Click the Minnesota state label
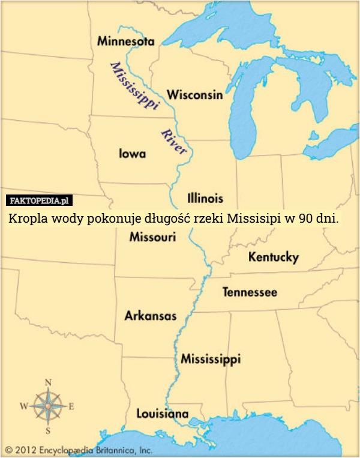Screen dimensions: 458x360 (x=125, y=42)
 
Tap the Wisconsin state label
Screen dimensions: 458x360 (x=194, y=95)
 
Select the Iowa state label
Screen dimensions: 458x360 (x=131, y=154)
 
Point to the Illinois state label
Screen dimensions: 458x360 (x=205, y=197)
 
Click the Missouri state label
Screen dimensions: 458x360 (x=152, y=238)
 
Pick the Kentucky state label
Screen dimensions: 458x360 (x=273, y=258)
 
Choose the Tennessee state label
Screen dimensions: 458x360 (x=250, y=292)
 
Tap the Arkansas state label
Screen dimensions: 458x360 (x=150, y=316)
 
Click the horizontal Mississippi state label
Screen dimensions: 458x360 (x=211, y=359)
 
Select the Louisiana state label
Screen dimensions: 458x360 (x=162, y=414)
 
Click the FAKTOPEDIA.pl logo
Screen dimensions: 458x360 (x=39, y=200)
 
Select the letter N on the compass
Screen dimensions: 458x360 (x=48, y=382)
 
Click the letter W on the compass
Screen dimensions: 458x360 (x=24, y=406)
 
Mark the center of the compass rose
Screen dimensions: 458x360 (x=48, y=406)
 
